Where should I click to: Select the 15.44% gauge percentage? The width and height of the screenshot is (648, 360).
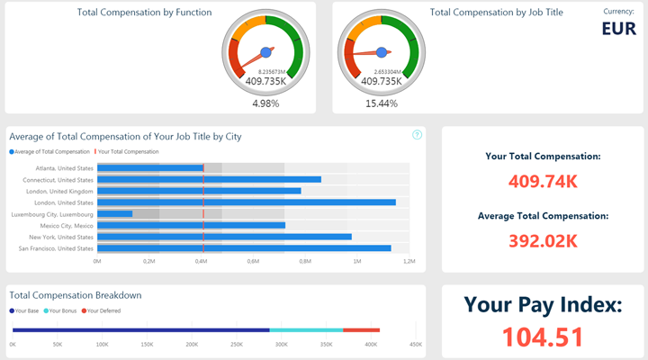point(382,103)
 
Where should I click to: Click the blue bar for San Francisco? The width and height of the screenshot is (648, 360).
point(244,248)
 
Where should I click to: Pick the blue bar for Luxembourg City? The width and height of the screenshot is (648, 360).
point(115,214)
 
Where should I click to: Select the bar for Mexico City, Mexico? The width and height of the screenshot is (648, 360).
point(191,225)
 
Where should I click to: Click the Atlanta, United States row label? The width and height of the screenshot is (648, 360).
point(65,167)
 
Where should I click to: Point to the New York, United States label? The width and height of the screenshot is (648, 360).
point(63,237)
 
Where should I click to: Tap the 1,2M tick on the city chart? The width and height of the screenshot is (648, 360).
point(409,262)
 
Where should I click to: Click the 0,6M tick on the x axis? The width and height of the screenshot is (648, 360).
point(253,262)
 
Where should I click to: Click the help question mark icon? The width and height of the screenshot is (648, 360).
point(418,135)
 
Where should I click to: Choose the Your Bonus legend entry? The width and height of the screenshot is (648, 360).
point(66,310)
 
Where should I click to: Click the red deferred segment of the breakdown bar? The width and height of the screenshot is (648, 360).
point(362,330)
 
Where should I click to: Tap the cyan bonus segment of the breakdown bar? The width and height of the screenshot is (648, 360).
point(306,330)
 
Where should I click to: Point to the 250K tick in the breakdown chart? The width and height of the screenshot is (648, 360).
point(237,345)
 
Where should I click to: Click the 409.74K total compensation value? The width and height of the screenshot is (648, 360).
point(543,181)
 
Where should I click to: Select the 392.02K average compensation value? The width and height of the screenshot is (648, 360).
point(543,240)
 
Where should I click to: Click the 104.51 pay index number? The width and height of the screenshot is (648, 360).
point(543,337)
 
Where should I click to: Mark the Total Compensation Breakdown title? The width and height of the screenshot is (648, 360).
point(75,294)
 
